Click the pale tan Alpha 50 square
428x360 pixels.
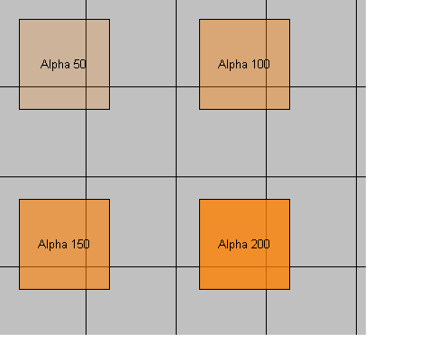point(64,64)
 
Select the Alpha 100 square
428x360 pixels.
point(244,64)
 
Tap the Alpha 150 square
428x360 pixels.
point(64,244)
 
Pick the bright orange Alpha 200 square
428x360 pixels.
point(244,244)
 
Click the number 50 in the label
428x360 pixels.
point(79,64)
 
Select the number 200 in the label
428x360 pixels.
point(260,244)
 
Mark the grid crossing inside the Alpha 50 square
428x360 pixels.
point(87,86)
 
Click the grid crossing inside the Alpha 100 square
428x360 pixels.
point(266,86)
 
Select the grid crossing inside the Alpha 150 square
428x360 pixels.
point(87,266)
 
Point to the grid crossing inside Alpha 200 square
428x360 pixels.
point(266,266)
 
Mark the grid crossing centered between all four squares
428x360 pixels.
point(177,176)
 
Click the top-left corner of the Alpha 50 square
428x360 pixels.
point(19,19)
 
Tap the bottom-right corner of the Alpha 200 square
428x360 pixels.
point(290,290)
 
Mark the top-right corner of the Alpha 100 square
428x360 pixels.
point(290,19)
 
